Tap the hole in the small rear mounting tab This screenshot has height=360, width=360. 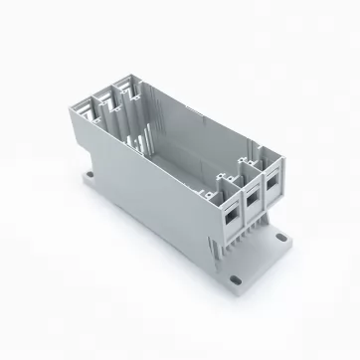(92, 178)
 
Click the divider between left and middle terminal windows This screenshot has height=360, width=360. (239, 207)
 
